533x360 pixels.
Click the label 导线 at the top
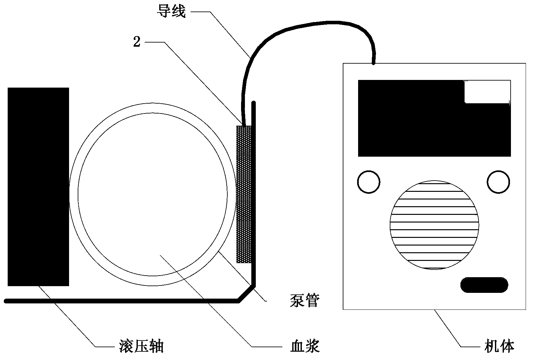tap(171, 11)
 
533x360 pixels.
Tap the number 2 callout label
tap(137, 42)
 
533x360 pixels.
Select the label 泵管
tap(305, 300)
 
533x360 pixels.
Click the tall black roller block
tap(38, 187)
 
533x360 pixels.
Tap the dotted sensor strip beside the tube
tap(244, 194)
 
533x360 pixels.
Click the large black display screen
tap(434, 118)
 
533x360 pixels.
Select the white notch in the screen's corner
tap(487, 92)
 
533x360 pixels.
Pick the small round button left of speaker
tap(369, 182)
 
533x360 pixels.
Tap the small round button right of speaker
tap(498, 182)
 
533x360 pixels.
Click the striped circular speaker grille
tap(434, 225)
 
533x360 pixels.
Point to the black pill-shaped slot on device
tap(484, 285)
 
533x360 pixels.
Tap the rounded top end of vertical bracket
tap(254, 103)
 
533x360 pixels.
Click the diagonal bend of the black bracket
tap(247, 294)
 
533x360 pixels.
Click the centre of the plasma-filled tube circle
tap(153, 194)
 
